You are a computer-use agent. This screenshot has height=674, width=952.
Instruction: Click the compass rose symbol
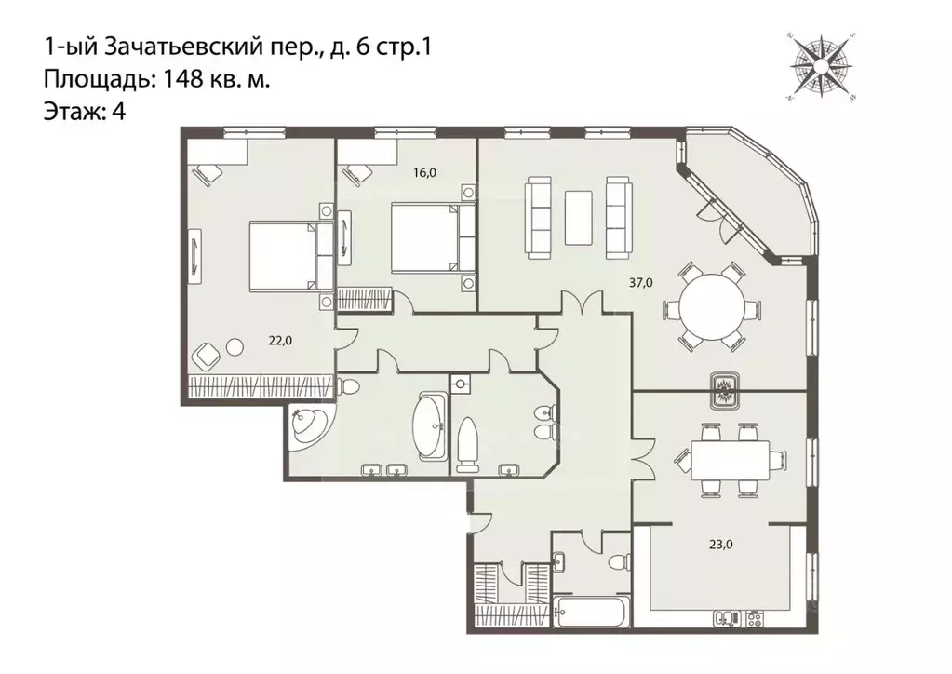tap(822, 66)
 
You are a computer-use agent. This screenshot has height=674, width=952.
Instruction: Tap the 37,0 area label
tap(640, 282)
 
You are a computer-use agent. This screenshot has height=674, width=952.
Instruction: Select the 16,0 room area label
tap(424, 172)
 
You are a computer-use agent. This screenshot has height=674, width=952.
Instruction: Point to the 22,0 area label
tap(280, 341)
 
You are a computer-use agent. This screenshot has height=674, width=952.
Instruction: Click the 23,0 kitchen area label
tap(720, 545)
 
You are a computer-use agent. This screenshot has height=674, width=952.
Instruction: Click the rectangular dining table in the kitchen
tap(730, 461)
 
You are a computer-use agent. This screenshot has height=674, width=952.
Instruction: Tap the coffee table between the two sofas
tap(578, 218)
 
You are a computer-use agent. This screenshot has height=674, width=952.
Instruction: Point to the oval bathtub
tap(430, 426)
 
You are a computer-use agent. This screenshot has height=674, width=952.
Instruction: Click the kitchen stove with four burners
tap(755, 619)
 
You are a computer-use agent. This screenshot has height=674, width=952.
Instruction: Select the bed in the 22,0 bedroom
tap(291, 255)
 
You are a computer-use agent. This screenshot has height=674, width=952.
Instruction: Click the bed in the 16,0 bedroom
tap(433, 238)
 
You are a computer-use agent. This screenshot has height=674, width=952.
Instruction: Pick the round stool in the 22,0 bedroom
tap(235, 346)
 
